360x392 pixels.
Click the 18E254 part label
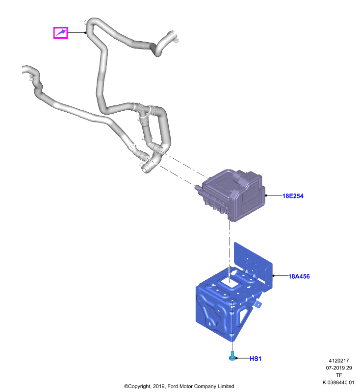point(293,196)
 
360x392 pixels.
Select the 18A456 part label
point(299,276)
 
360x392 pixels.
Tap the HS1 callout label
point(256,359)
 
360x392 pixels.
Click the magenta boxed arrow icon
point(60,32)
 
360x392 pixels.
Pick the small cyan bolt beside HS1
point(232,356)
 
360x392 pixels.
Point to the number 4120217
point(338,361)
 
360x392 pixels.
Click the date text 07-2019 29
point(339,368)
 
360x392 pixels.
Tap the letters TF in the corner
point(339,375)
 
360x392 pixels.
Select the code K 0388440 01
point(338,383)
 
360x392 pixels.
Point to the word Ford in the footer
point(172,386)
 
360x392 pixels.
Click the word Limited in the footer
point(226,386)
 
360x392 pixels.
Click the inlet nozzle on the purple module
point(198,187)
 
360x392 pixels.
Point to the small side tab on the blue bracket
point(257,304)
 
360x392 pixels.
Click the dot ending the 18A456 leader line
point(274,276)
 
